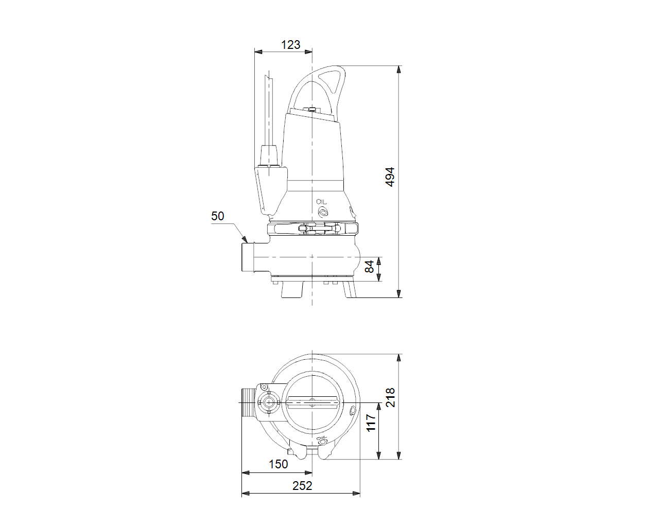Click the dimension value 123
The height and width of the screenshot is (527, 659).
[290, 45]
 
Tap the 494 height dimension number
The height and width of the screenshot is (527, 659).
[390, 177]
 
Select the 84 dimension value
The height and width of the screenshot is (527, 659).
[370, 267]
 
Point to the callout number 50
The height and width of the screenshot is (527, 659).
[217, 216]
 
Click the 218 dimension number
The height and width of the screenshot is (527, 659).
[390, 397]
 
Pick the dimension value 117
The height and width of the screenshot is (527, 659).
[371, 423]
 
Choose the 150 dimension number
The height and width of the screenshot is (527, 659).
[278, 464]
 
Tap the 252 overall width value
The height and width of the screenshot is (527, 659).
[302, 486]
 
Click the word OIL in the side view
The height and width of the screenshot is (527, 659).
[321, 202]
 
